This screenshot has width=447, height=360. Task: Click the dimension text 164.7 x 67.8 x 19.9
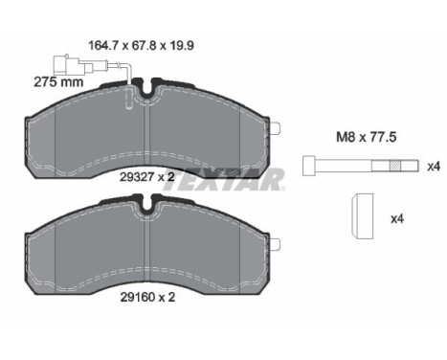141,46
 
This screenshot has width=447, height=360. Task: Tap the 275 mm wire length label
58,82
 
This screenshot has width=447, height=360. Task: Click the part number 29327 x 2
147,177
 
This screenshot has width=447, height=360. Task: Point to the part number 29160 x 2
147,298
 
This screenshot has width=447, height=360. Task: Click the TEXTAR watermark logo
223,180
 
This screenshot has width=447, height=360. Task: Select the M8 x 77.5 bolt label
367,137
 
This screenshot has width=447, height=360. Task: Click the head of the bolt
308,166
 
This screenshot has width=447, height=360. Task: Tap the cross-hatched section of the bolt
395,166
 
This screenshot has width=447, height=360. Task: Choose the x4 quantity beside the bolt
434,167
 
